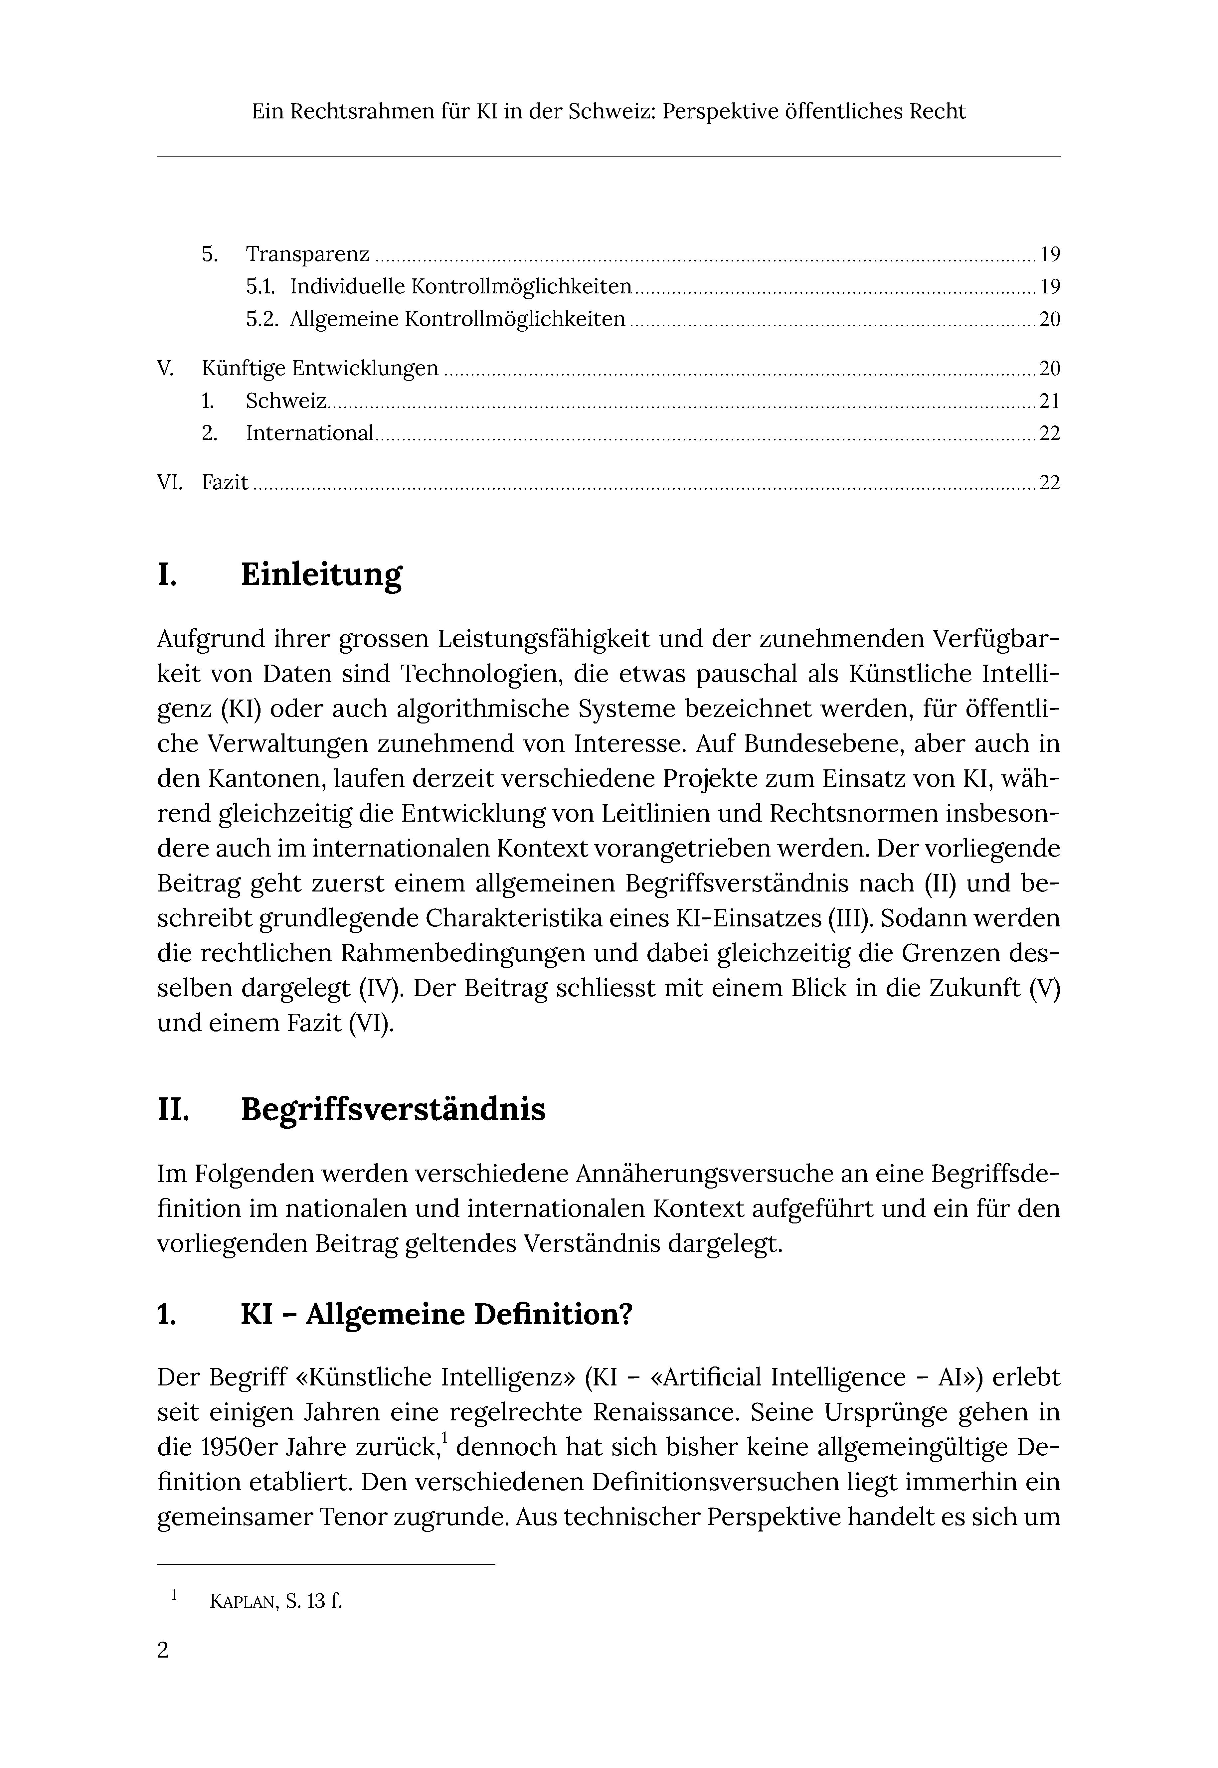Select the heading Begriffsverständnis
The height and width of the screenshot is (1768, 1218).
(x=393, y=1109)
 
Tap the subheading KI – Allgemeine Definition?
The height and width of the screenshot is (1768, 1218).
(x=436, y=1314)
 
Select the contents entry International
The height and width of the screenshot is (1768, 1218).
(x=309, y=433)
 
